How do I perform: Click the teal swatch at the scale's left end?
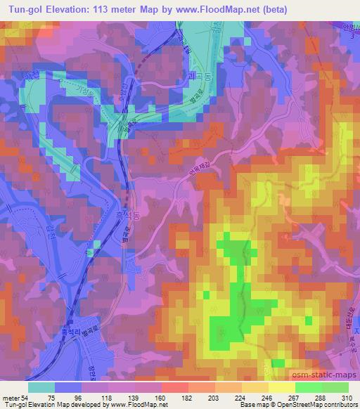pyautogui.click(x=41, y=387)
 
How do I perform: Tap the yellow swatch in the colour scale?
pyautogui.click(x=281, y=387)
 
